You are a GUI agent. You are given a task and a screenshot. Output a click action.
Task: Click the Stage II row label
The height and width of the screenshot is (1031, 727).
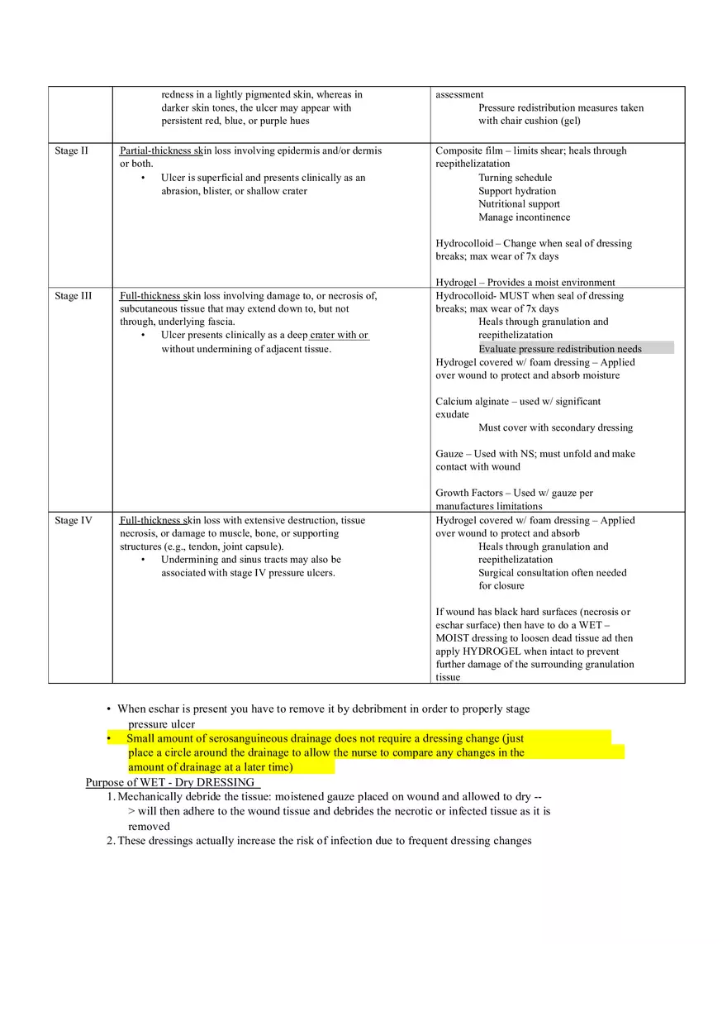71,151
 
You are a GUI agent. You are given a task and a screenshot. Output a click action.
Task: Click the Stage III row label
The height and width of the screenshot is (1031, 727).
73,296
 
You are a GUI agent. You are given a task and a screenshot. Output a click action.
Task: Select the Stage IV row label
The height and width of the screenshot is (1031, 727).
73,521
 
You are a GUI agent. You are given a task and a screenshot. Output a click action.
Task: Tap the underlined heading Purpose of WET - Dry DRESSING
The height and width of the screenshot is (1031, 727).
172,782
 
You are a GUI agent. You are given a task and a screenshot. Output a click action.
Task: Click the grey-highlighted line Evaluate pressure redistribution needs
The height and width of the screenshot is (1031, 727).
559,349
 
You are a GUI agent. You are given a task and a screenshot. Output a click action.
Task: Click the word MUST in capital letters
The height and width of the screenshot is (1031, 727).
516,296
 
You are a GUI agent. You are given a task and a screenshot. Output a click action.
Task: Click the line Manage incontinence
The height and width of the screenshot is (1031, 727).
524,217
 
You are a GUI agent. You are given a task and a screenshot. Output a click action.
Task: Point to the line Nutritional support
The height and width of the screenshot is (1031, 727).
519,204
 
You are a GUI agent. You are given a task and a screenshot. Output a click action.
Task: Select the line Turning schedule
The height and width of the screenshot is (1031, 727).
515,178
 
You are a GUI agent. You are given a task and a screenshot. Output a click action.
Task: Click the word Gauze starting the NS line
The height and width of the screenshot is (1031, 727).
449,454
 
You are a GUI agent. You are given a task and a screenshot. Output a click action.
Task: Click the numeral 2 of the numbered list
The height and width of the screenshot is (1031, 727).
110,841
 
